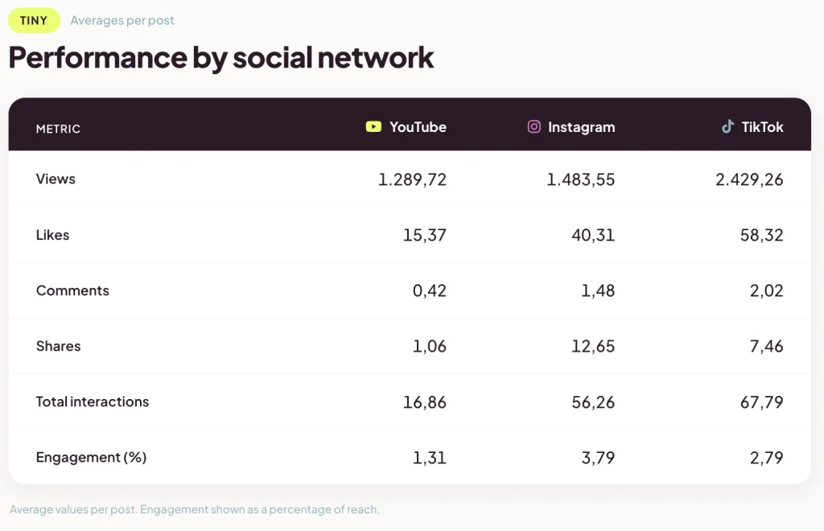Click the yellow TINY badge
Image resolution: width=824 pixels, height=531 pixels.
pos(34,20)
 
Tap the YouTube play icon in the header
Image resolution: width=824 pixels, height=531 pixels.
pos(373,126)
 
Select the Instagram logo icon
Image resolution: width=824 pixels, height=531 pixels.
pos(534,126)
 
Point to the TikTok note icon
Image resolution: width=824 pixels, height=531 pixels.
pos(727,126)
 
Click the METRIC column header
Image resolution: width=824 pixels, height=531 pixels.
pos(58,130)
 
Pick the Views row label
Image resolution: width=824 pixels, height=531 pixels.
pos(56,179)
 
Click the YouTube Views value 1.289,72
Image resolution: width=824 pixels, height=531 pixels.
pos(413,179)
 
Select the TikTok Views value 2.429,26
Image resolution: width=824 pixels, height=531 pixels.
pos(749,179)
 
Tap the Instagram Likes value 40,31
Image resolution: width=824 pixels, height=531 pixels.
pos(593,235)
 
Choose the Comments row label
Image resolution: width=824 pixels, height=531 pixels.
pos(72,290)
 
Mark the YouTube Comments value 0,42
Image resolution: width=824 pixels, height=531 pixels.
pos(430,291)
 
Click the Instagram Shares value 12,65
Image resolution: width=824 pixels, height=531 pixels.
pos(593,347)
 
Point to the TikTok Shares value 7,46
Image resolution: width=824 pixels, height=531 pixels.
pos(767,347)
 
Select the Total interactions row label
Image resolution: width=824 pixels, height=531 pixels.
pos(93,401)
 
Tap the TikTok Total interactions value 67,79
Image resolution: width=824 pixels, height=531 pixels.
pos(762,402)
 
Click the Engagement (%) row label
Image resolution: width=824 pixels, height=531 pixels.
pos(92,458)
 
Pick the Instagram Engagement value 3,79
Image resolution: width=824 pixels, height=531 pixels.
pos(598,458)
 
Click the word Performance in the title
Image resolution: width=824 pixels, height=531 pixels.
pos(97,57)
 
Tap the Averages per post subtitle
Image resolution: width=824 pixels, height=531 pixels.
pos(122,20)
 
